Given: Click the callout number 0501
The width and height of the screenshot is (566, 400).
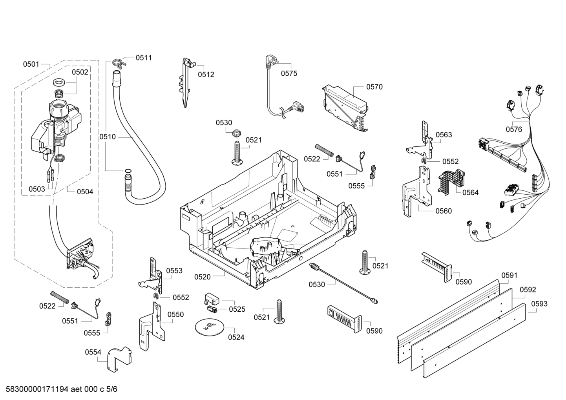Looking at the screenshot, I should (x=31, y=64).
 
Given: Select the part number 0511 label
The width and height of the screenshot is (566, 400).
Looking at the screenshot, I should (x=144, y=58).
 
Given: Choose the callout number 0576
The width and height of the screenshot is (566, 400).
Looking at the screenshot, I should (x=514, y=129).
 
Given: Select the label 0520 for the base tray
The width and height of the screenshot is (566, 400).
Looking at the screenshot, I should (x=202, y=277).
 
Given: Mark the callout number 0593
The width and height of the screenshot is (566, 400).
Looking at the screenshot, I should (x=539, y=303).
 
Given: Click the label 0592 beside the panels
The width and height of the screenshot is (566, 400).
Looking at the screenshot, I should (x=528, y=290).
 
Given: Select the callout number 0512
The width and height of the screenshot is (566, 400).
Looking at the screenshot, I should (x=206, y=74).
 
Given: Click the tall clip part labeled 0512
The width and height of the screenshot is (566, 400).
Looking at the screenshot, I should (x=186, y=82).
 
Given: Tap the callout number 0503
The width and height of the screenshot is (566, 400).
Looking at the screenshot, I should (x=37, y=189).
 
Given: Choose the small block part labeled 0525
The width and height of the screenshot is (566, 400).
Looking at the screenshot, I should (x=212, y=300).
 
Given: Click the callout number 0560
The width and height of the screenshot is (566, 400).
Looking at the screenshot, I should (x=444, y=211).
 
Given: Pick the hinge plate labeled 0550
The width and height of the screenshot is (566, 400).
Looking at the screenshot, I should (x=151, y=326).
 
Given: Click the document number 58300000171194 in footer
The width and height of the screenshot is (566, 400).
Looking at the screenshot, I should (x=35, y=389).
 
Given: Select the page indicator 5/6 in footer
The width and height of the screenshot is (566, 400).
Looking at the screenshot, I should (x=112, y=389).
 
